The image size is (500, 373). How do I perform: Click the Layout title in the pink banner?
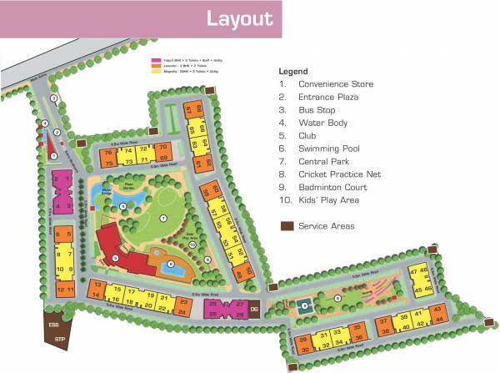click(x=238, y=18)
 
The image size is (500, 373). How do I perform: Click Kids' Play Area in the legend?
click(x=330, y=199)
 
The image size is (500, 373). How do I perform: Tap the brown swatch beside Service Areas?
click(x=287, y=226)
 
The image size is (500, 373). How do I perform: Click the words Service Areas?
click(x=327, y=226)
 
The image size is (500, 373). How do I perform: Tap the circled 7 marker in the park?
click(x=164, y=219)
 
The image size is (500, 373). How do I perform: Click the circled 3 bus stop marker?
click(x=53, y=98)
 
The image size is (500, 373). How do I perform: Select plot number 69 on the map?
click(x=163, y=159)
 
